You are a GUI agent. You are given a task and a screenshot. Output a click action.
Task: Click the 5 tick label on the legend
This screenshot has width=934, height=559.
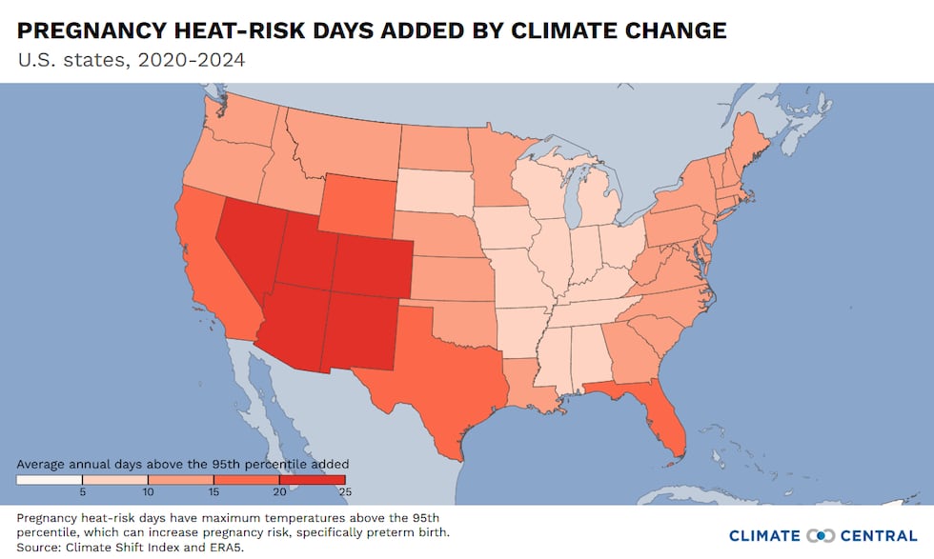point(82,492)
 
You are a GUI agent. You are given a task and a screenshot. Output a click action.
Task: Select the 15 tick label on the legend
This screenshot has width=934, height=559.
point(213,492)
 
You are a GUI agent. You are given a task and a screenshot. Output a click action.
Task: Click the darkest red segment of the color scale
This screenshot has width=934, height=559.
point(313,479)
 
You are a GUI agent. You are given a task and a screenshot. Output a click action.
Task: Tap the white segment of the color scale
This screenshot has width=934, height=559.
point(49,479)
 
